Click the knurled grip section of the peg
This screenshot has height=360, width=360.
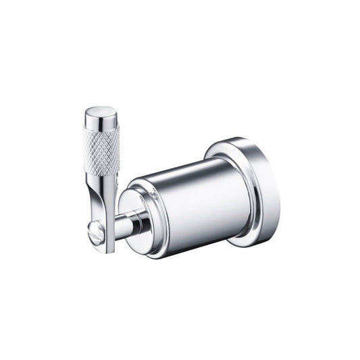pos(103,150)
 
